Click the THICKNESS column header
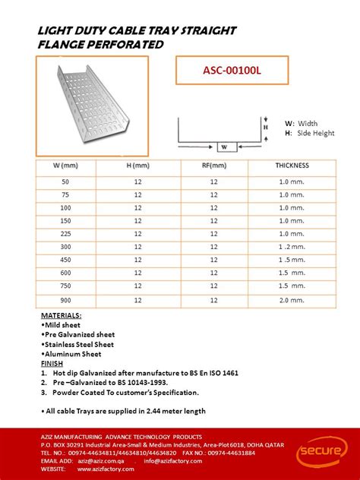click(x=292, y=166)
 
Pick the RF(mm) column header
click(x=213, y=166)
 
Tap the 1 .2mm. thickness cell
click(x=292, y=247)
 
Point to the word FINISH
click(x=52, y=364)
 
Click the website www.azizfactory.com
click(x=109, y=469)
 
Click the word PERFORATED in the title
click(x=128, y=44)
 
